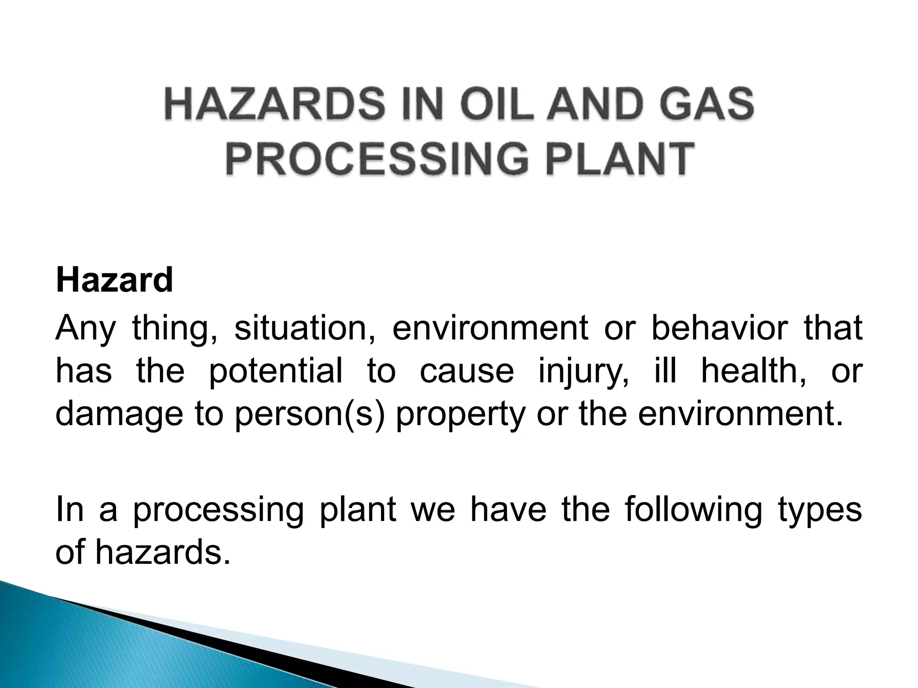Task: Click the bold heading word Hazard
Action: (x=114, y=280)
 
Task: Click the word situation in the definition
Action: (x=305, y=328)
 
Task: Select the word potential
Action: (x=276, y=371)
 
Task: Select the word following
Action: (x=693, y=510)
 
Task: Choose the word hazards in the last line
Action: (x=159, y=552)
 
